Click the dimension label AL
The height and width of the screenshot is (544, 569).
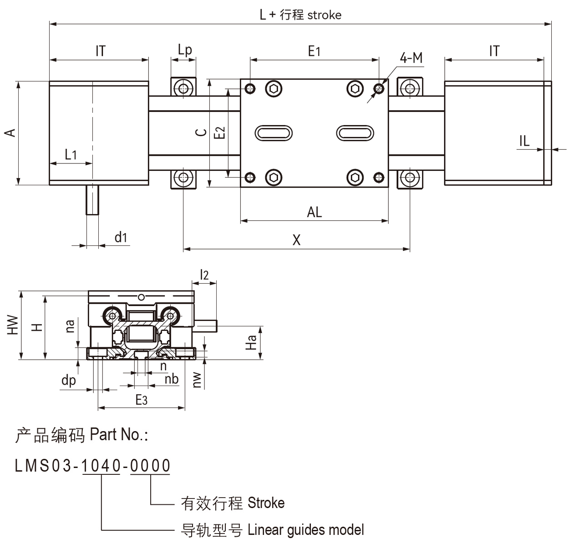(314, 212)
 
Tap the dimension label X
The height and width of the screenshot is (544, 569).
(296, 240)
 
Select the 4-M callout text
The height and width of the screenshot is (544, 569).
(411, 58)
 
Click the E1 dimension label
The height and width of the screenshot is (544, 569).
(314, 51)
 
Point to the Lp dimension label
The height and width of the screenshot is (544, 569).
(184, 50)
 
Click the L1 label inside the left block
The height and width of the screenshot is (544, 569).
(71, 155)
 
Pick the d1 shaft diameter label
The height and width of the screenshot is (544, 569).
(121, 237)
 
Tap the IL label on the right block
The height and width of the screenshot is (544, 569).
(524, 141)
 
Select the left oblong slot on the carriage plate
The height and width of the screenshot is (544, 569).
(273, 133)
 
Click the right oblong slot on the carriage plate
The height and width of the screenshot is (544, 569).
(355, 133)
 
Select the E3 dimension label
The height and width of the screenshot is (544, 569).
(142, 400)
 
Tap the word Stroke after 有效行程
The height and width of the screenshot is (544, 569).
(266, 503)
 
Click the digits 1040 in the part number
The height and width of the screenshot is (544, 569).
(101, 466)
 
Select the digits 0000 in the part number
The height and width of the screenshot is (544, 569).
(150, 466)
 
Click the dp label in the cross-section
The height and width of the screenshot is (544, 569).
(69, 380)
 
